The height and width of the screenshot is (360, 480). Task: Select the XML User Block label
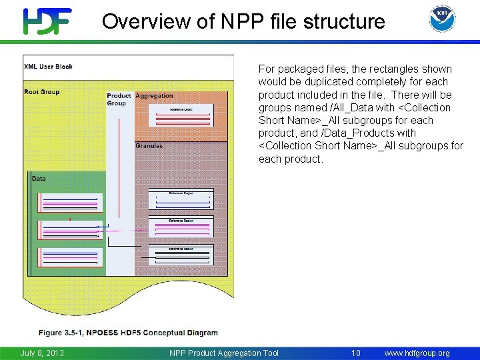point(48,67)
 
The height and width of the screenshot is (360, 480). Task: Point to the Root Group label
point(41,92)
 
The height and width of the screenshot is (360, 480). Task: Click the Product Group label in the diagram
point(119,99)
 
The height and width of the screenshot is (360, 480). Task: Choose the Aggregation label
point(154,96)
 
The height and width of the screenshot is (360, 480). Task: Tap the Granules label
point(149,146)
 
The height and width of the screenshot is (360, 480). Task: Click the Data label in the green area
point(39,179)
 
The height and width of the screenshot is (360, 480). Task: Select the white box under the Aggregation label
point(181,115)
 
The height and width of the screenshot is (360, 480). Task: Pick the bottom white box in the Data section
point(70,257)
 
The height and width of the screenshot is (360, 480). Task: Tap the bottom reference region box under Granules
point(181,255)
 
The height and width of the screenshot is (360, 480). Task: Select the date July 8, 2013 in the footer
point(42,353)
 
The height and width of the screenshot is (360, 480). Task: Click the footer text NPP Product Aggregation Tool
point(224,353)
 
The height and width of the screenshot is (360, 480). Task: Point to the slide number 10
point(356,353)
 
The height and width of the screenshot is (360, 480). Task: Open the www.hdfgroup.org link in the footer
point(417,353)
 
